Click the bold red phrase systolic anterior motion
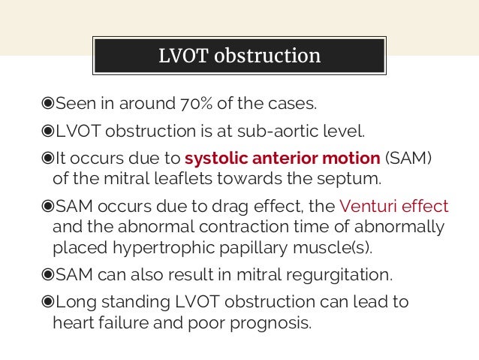coord(282,159)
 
